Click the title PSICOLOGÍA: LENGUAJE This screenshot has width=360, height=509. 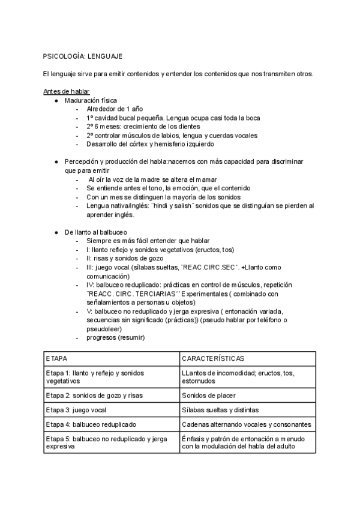point(83,56)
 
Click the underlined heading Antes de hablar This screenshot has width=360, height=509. point(67,91)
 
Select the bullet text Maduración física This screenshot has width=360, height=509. point(91,100)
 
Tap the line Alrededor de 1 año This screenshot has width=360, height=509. point(115,109)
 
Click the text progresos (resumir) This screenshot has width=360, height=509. point(115,337)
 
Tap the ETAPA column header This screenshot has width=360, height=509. point(57,358)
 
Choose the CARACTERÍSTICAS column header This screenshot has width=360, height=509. point(213,358)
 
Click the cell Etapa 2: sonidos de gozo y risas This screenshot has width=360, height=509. point(94,396)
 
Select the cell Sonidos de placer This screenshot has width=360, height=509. point(209,396)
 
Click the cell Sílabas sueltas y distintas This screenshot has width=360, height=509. point(221,410)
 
